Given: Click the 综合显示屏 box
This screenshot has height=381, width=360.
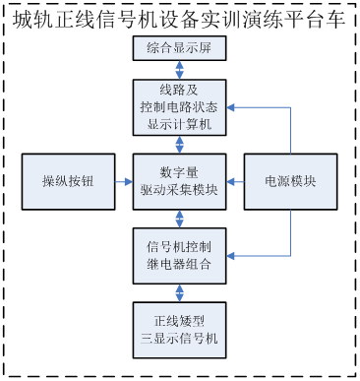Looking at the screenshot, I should point(180,49).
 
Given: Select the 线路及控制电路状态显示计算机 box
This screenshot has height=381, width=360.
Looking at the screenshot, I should point(180,107).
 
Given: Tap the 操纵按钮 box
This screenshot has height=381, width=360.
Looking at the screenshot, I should point(67,181).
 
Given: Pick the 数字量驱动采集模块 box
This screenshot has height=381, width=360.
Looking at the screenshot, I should point(180,181).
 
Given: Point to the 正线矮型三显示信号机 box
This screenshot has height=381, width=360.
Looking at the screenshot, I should point(180,328).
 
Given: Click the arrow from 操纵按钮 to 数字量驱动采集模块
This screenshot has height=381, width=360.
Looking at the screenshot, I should point(122,181).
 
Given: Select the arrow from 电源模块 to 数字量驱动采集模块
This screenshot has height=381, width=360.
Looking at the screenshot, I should point(236,181).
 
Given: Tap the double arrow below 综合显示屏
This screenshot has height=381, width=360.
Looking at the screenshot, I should point(180,70).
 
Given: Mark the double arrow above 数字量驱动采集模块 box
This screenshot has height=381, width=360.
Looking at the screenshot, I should point(180,144).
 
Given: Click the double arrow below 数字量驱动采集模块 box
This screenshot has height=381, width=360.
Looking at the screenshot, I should point(180,218).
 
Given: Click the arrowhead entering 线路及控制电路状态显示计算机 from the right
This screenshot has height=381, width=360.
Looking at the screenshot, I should point(232,107).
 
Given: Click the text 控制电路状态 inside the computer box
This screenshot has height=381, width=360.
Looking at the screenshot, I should point(180,107).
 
